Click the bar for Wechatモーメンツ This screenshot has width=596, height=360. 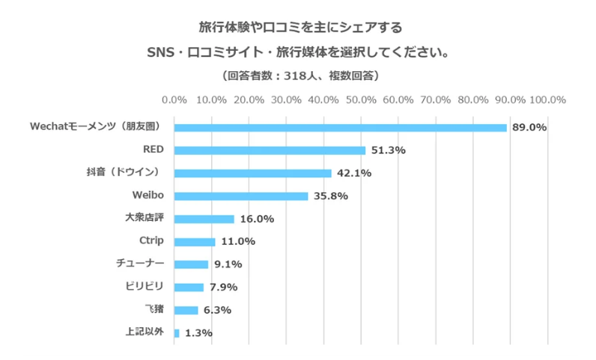pos(340,127)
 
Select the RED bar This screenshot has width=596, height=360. pos(270,150)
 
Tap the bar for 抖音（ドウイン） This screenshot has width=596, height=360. pos(252,173)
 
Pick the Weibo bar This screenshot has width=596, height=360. pos(240,196)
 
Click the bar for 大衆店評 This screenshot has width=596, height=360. pos(204,219)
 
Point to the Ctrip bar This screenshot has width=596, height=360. pos(195,242)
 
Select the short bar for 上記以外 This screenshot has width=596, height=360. pos(177,333)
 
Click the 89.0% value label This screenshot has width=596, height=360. pos(529,127)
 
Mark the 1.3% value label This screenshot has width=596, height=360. pos(198,333)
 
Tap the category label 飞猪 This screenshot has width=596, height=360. pos(153,309)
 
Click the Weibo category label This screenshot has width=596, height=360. pos(148,195)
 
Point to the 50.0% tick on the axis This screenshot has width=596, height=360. pos(361,99)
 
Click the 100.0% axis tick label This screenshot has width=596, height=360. pos(547,99)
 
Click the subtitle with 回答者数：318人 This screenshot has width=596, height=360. pos(299,76)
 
